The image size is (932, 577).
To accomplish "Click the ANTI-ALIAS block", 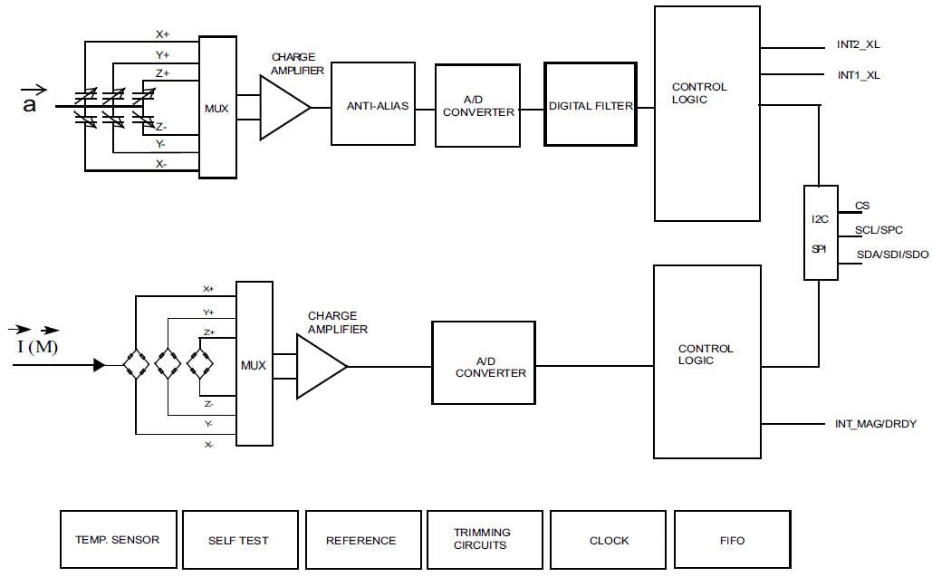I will [378, 106].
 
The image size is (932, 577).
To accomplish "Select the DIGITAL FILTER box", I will [590, 105].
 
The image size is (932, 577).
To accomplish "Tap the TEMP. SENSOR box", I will [118, 540].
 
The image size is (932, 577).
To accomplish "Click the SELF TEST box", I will [239, 540].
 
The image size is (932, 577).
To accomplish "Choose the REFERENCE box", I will [361, 540].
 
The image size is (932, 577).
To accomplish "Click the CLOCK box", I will [609, 540].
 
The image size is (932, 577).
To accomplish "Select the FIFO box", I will [731, 540].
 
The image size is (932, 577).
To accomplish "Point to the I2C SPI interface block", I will [820, 233].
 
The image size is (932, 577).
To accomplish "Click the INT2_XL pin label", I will [858, 44].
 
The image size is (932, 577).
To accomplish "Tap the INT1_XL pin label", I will [858, 75].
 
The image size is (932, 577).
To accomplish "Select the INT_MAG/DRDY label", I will [875, 423].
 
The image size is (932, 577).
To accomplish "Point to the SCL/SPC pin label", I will [879, 230].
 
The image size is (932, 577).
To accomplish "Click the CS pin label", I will [862, 206].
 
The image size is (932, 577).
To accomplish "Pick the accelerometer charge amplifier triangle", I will [282, 107].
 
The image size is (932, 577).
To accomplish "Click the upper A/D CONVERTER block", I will [477, 106].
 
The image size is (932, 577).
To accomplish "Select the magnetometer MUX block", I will [254, 364].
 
